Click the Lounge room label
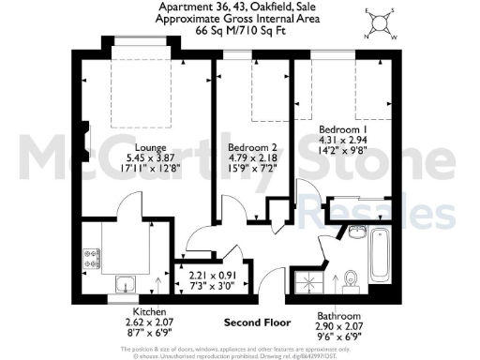[151, 147]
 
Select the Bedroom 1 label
[338, 128]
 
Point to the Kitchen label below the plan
[150, 310]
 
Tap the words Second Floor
[254, 322]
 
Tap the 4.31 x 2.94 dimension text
[338, 141]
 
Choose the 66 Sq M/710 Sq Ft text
[239, 30]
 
